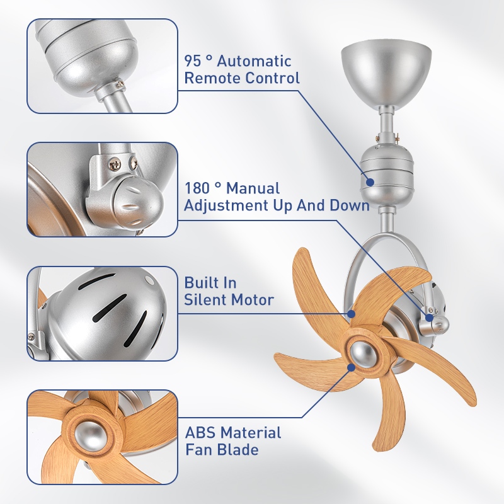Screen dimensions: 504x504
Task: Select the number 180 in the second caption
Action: click(x=197, y=188)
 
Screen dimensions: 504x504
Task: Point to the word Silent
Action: click(x=205, y=300)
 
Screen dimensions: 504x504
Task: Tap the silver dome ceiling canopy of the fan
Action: click(x=386, y=72)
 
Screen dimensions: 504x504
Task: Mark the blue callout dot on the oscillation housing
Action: click(x=370, y=182)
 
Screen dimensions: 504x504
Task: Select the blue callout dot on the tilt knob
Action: click(x=430, y=318)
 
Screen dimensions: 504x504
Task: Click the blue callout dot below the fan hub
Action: click(x=352, y=367)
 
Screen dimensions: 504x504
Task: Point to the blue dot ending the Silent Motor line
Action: click(x=352, y=313)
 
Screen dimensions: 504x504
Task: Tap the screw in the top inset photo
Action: click(x=120, y=84)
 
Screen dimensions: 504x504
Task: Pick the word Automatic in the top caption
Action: click(x=254, y=61)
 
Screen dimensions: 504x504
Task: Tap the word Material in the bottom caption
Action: click(x=250, y=433)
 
